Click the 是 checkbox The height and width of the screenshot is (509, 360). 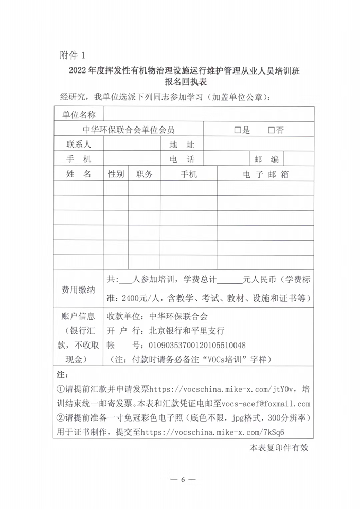click(238, 130)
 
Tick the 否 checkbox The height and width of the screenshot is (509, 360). click(272, 130)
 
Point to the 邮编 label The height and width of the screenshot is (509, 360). click(266, 159)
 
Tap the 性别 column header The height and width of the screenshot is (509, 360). click(116, 174)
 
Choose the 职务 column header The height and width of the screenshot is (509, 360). click(145, 174)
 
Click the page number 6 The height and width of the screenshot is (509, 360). click(182, 480)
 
